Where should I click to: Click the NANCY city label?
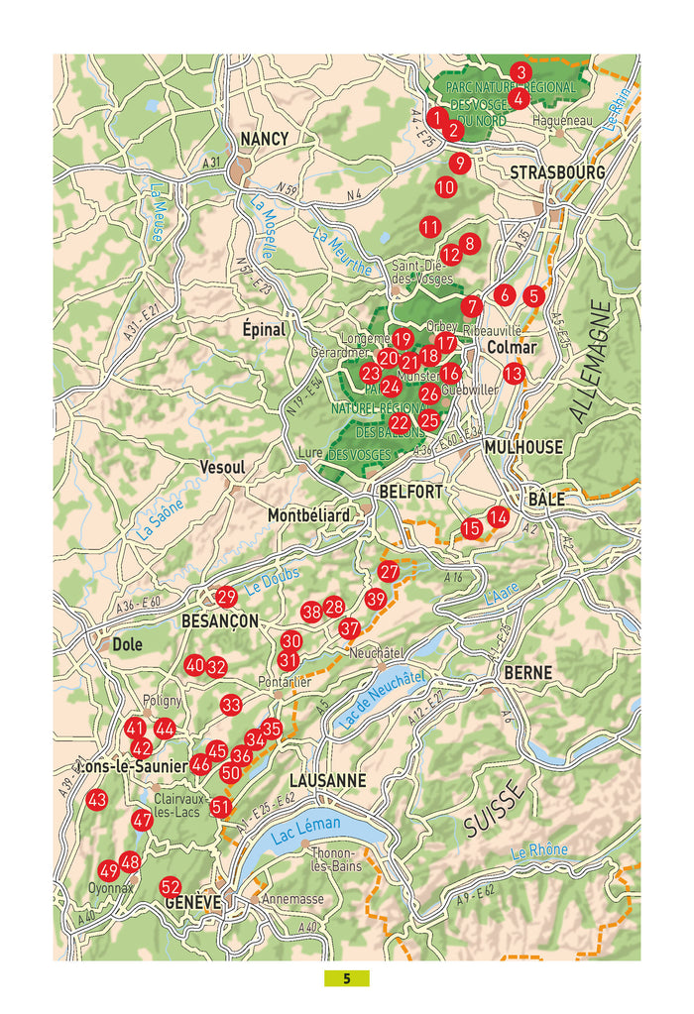point(265,139)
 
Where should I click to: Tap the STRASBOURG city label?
point(557,172)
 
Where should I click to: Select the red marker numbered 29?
point(226,597)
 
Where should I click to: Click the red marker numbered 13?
point(514,374)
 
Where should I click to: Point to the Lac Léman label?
point(305,831)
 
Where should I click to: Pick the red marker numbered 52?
point(171,886)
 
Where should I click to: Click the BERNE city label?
point(528,672)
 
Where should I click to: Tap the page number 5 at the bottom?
point(347,978)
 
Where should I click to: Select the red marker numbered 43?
point(97,800)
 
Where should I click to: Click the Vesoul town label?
point(222,466)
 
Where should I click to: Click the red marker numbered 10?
point(445,186)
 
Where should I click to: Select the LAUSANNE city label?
point(328,780)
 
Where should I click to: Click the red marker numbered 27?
point(389,572)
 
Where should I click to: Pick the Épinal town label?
point(264,329)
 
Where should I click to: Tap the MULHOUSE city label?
point(523,447)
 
